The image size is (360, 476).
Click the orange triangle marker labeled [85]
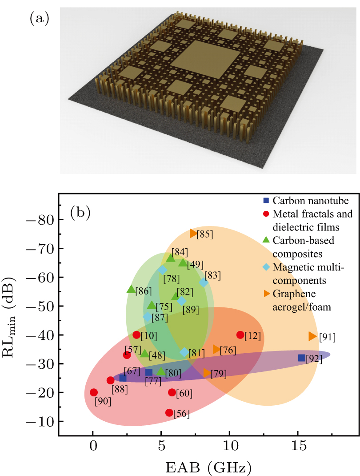(193, 233)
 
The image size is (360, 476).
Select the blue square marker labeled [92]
(302, 358)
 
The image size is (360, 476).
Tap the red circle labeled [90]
(94, 392)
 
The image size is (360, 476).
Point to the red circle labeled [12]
(240, 335)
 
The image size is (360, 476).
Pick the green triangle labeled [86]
(131, 290)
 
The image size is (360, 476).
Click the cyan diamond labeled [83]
(204, 282)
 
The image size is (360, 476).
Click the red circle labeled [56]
(169, 413)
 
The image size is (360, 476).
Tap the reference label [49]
(195, 265)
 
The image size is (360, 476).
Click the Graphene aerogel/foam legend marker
(266, 293)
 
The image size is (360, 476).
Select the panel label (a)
(39, 18)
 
